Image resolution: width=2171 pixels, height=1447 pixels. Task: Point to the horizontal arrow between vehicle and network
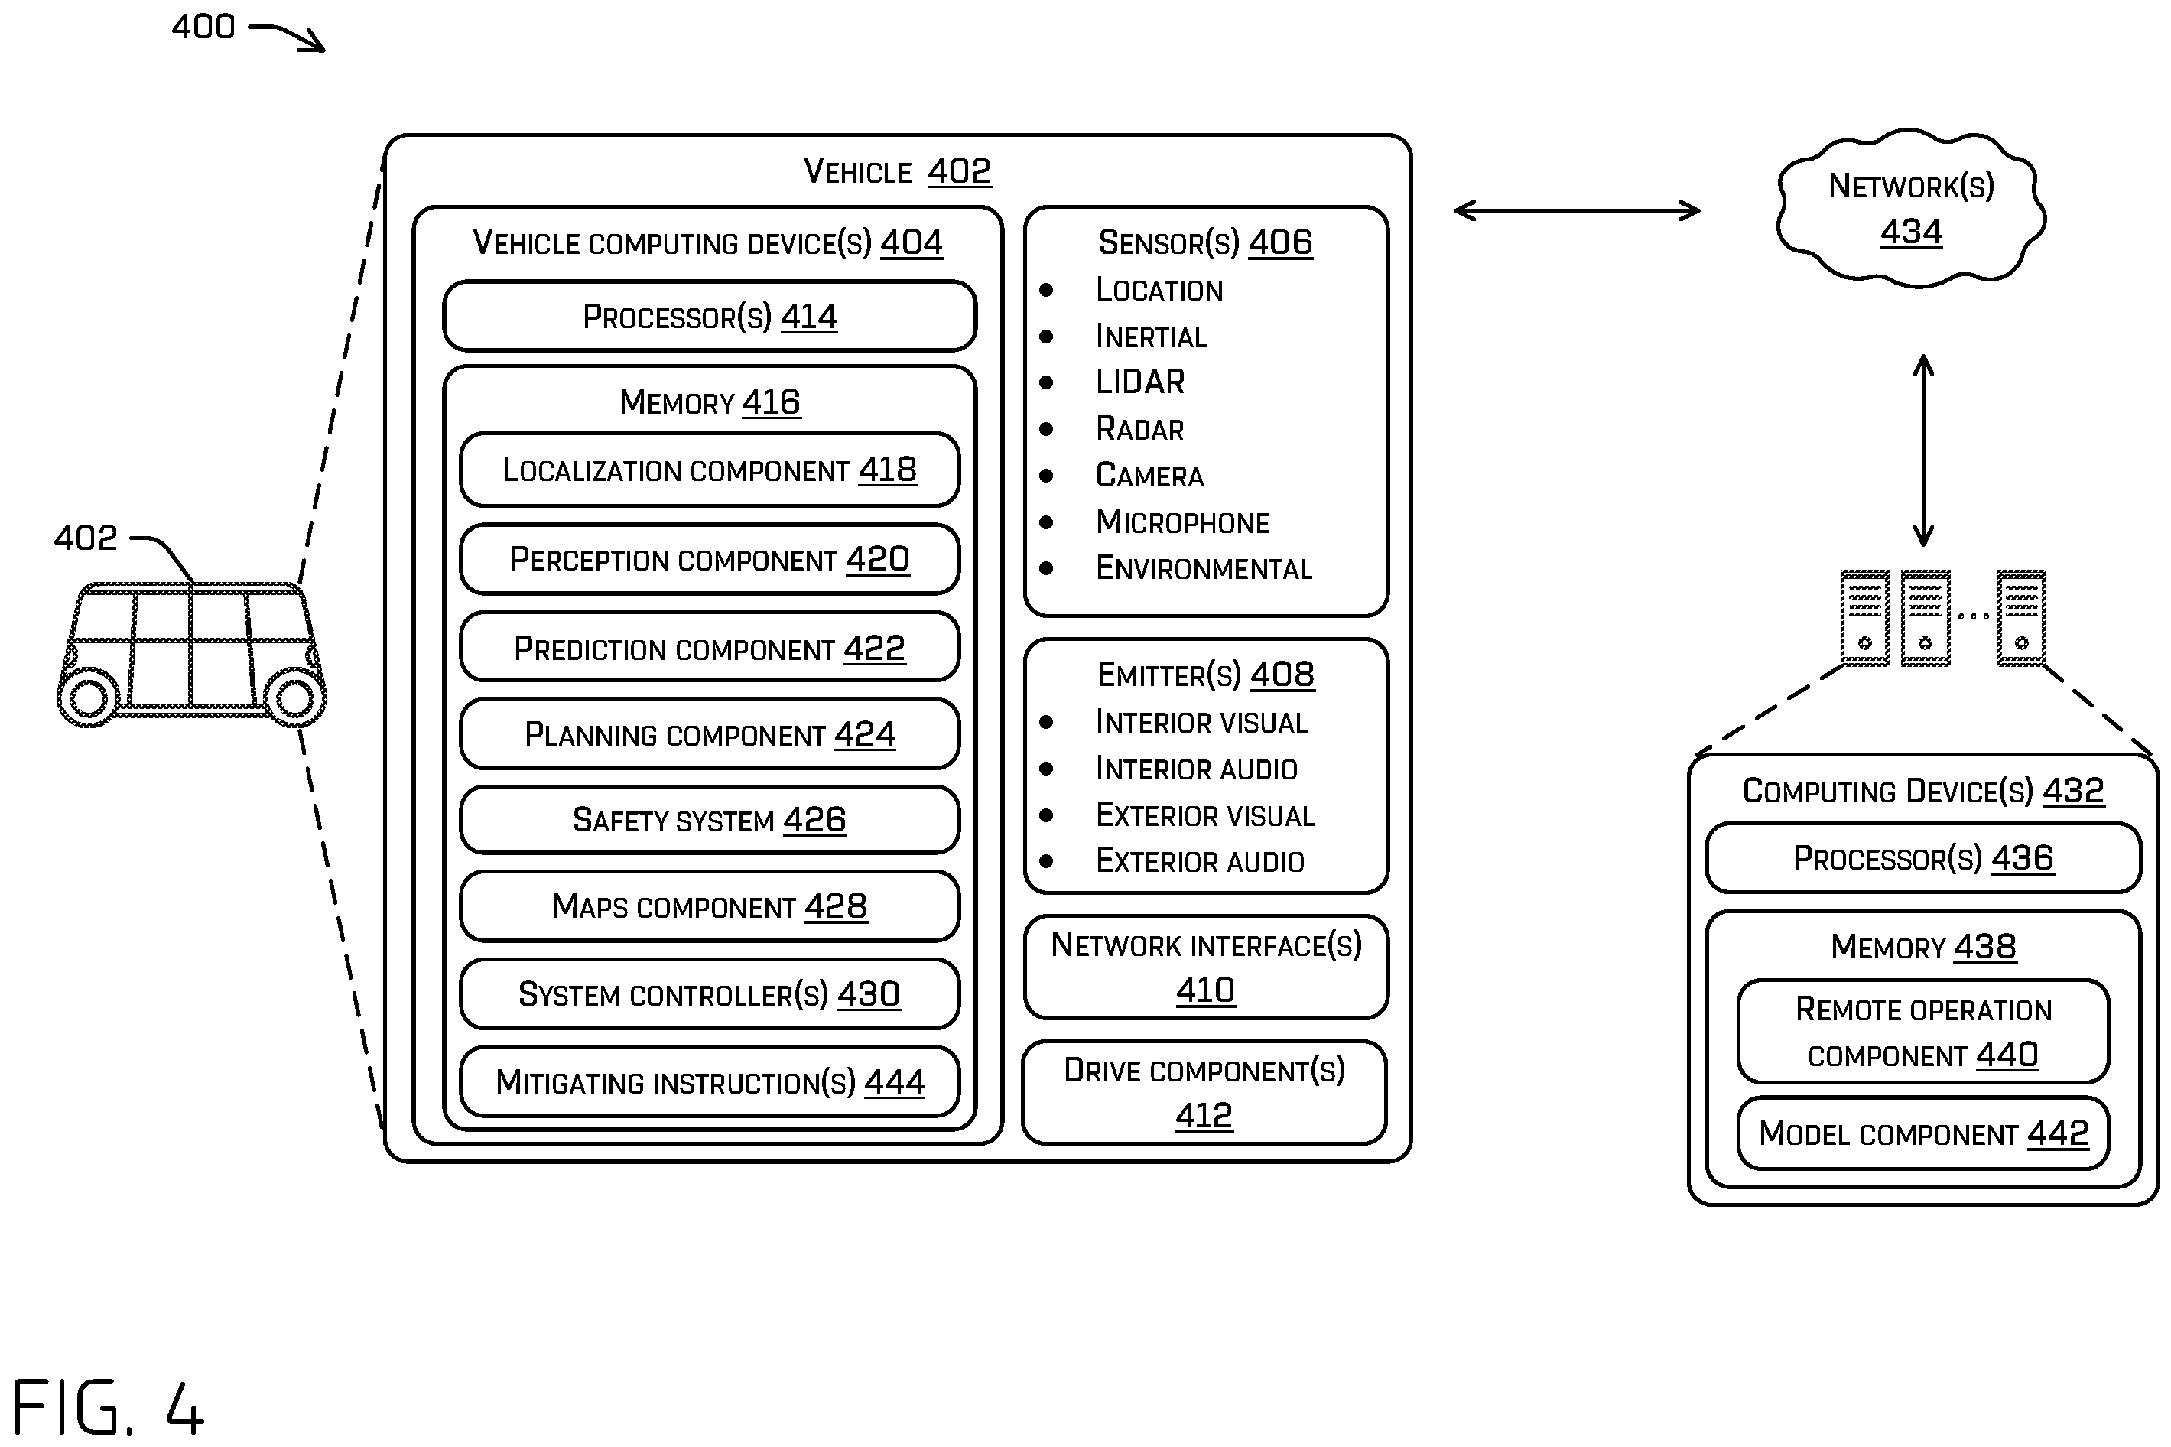[x=1576, y=210]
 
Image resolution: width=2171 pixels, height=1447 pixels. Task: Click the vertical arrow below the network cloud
[x=1922, y=450]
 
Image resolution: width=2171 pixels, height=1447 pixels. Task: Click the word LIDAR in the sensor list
[x=1139, y=381]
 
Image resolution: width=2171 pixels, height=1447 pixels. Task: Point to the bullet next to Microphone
[x=1045, y=522]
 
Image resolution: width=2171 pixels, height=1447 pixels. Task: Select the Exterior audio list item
[x=1200, y=861]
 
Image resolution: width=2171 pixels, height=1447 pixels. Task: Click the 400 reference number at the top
[x=203, y=27]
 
